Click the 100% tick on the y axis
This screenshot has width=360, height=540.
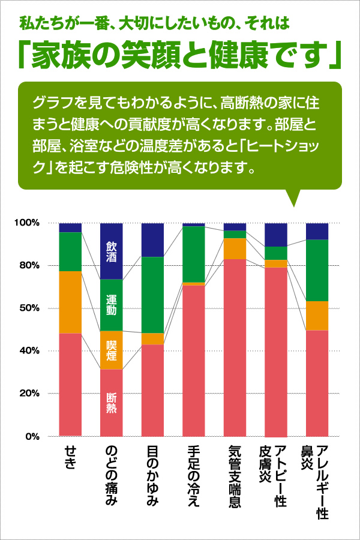[26, 223]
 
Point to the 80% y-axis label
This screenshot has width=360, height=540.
[28, 265]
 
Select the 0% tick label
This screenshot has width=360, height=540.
[32, 436]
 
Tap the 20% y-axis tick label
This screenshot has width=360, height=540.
[28, 394]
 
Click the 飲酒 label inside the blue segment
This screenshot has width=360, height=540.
[112, 251]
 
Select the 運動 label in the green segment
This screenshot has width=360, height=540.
[112, 305]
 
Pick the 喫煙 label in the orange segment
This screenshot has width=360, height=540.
[112, 350]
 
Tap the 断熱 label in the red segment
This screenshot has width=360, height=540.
[112, 403]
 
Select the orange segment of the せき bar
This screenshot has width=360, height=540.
[70, 302]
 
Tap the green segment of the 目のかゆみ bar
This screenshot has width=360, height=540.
[152, 294]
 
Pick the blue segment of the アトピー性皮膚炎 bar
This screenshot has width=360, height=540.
[276, 234]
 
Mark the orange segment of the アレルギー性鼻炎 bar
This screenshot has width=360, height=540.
[317, 315]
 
